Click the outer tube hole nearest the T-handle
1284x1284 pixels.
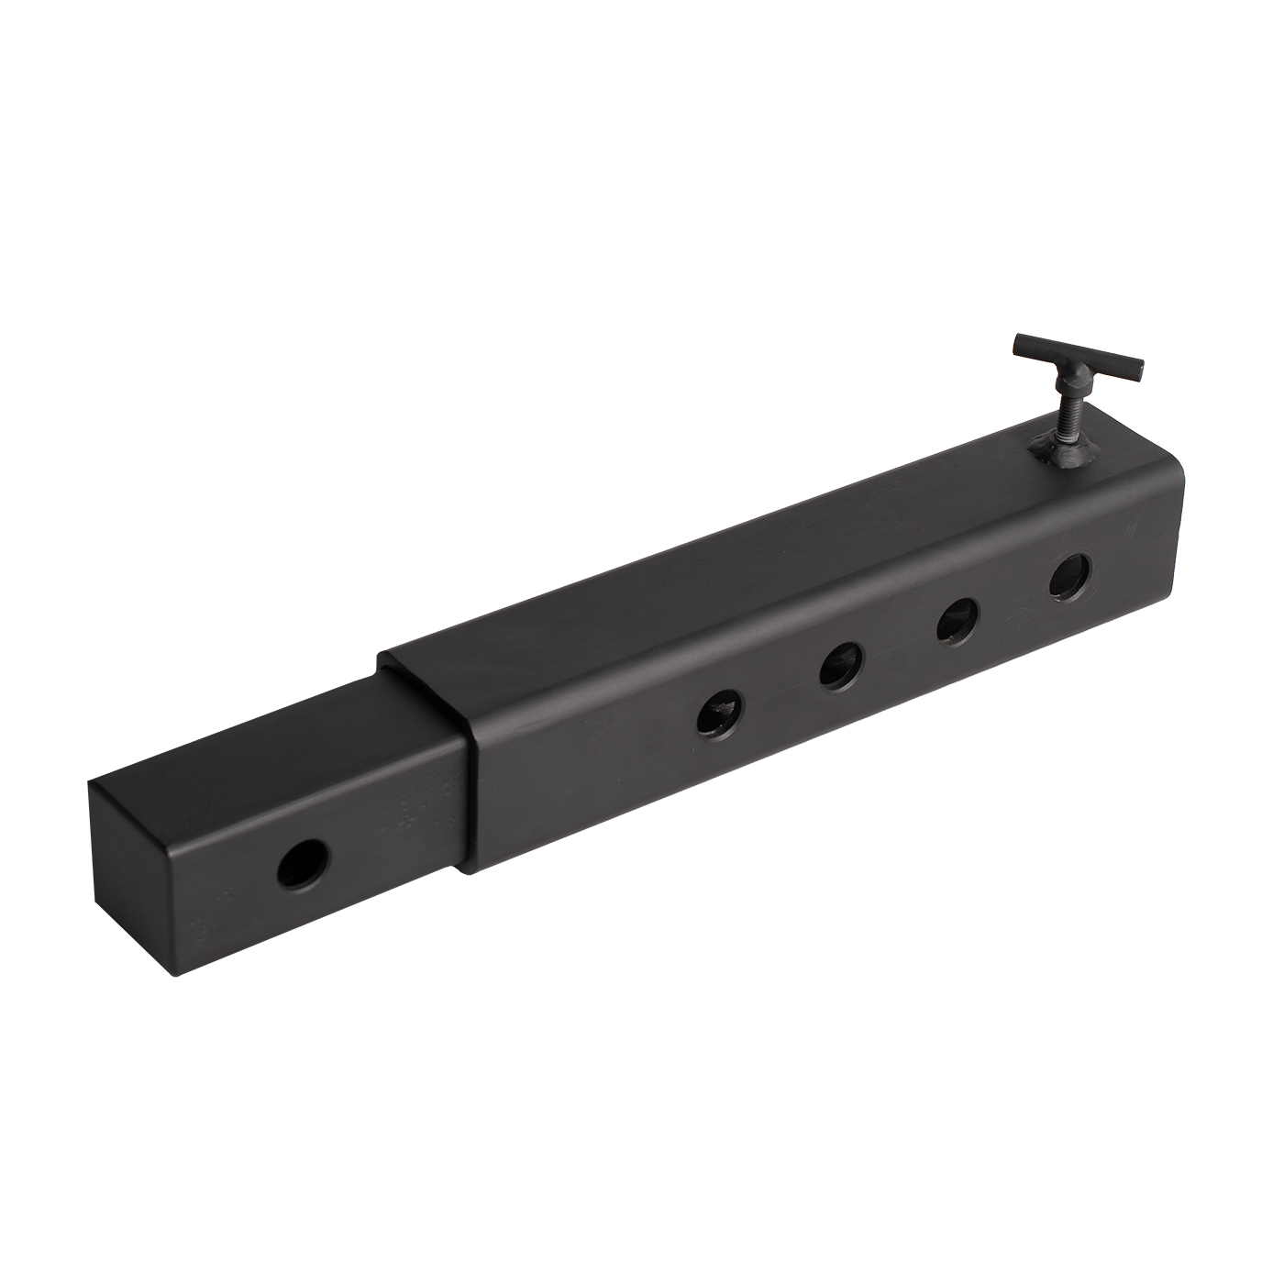[x=1071, y=578]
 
